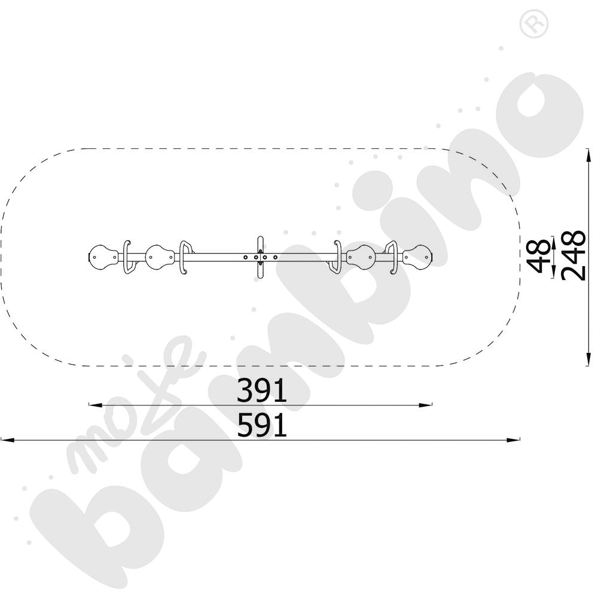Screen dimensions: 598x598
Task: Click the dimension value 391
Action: (x=262, y=390)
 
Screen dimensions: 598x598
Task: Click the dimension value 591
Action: (x=262, y=425)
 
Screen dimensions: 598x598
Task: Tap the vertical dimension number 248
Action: (x=573, y=256)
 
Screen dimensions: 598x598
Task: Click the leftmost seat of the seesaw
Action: (x=102, y=257)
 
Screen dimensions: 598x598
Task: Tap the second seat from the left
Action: (x=160, y=257)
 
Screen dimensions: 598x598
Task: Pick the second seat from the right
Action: (x=361, y=257)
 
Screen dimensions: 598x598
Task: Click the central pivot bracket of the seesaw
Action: (x=261, y=257)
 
